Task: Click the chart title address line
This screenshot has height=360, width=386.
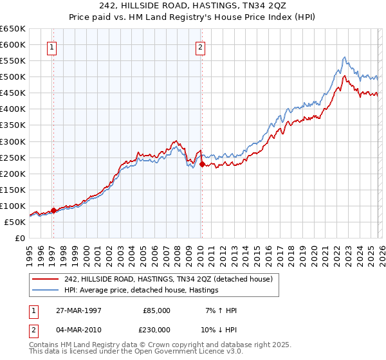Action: pos(193,6)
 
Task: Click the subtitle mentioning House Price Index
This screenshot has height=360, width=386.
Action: pos(193,17)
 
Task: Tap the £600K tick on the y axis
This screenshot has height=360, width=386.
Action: pos(13,45)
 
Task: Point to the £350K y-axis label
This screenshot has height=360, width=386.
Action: pos(13,125)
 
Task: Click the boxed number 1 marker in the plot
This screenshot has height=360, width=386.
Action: pos(51,46)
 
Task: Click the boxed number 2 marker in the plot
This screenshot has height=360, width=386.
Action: pos(201,46)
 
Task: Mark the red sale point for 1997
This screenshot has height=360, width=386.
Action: pos(54,210)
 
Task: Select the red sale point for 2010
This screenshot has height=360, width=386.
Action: pos(201,164)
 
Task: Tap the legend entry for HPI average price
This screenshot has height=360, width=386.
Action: pos(142,290)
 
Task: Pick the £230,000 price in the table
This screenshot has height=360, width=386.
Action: pos(156,329)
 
